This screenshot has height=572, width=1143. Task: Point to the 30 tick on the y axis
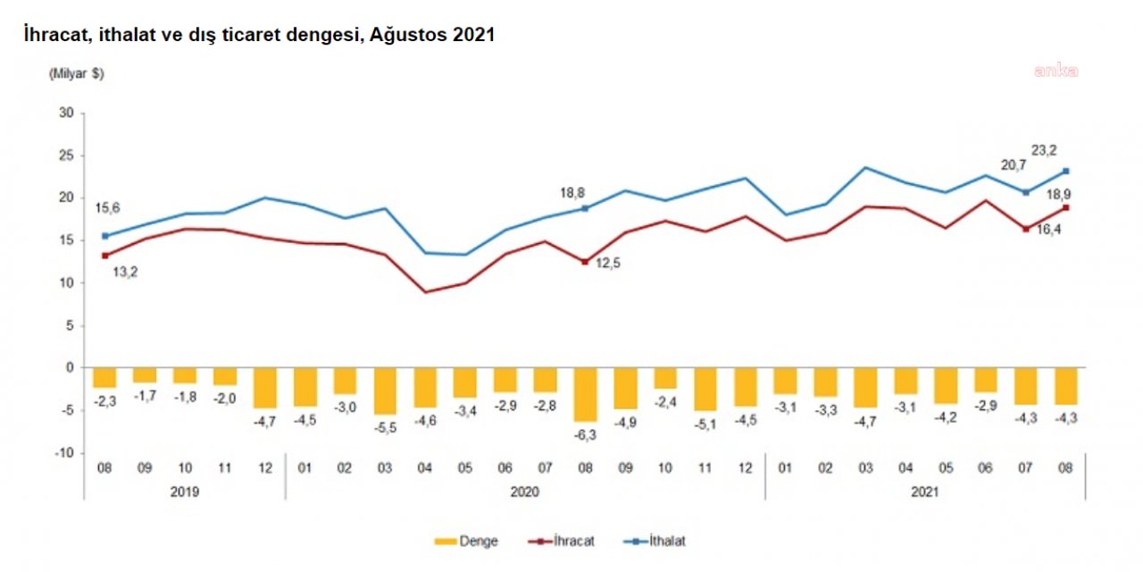pyautogui.click(x=66, y=113)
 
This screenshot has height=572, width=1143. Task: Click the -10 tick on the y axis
pyautogui.click(x=64, y=453)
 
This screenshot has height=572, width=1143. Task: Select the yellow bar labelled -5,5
pyautogui.click(x=385, y=391)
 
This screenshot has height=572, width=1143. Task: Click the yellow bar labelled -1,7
pyautogui.click(x=145, y=374)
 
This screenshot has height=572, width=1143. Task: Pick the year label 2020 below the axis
pyautogui.click(x=525, y=491)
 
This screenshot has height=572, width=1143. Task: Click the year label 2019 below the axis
pyautogui.click(x=185, y=491)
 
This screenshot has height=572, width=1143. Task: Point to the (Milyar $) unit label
pyautogui.click(x=76, y=75)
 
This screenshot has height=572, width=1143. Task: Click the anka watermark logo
pyautogui.click(x=1056, y=71)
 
